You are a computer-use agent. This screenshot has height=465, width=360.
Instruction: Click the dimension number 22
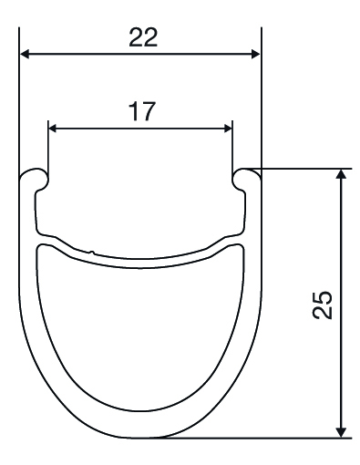pyautogui.click(x=143, y=37)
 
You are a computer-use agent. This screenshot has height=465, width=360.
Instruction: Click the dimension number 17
pyautogui.click(x=142, y=111)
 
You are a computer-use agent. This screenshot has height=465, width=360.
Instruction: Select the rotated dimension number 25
pyautogui.click(x=323, y=305)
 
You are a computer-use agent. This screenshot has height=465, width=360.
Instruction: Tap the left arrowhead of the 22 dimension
pyautogui.click(x=25, y=55)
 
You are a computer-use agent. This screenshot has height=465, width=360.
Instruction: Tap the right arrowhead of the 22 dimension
pyautogui.click(x=255, y=55)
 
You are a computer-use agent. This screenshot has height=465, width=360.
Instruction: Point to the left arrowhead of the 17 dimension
pyautogui.click(x=53, y=129)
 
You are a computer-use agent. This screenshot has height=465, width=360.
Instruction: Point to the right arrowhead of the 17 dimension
pyautogui.click(x=228, y=129)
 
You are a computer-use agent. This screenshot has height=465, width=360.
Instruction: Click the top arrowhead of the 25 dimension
pyautogui.click(x=342, y=174)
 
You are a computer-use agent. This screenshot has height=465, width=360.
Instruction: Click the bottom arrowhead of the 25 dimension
pyautogui.click(x=342, y=432)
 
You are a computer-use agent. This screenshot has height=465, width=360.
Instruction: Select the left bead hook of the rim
pyautogui.click(x=34, y=177)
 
